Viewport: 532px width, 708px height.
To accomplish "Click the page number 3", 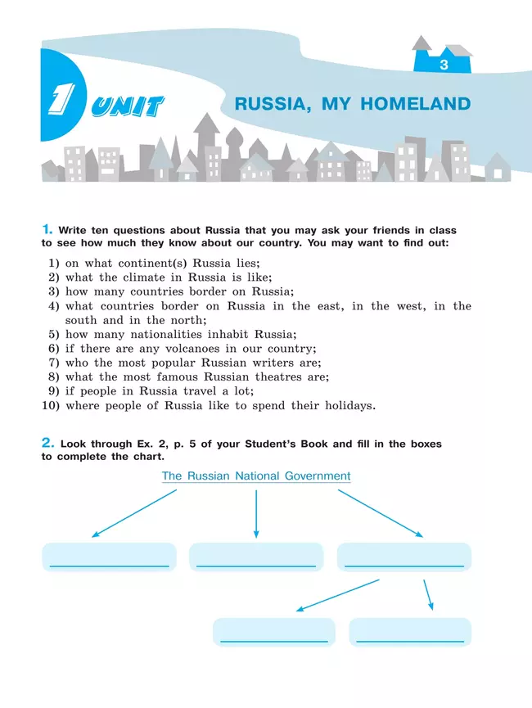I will (444, 65).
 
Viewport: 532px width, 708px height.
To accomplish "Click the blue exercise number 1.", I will (47, 230).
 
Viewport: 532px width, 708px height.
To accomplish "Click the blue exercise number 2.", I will (47, 444).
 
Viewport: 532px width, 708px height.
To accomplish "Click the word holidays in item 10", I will (345, 405).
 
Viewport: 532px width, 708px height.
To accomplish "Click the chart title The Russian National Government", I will (256, 476).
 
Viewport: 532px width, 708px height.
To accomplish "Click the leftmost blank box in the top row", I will (109, 557).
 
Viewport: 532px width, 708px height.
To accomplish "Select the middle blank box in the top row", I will (256, 557).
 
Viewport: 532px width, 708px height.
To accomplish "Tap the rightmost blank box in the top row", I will (404, 557).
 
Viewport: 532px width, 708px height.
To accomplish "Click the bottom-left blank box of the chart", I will (273, 632).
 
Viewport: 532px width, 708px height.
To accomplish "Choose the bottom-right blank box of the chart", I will (410, 632).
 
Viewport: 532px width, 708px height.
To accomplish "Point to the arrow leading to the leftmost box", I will (134, 513).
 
